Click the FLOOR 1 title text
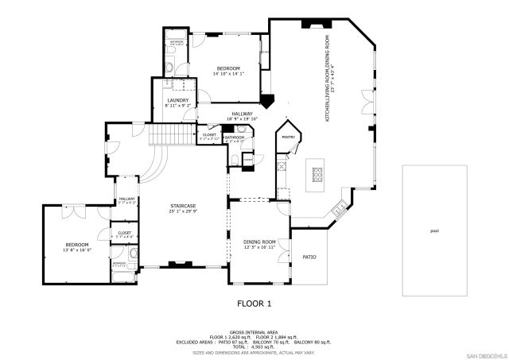tap(254, 304)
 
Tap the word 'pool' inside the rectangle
tap(433, 231)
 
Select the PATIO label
tap(309, 257)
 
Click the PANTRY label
tap(288, 137)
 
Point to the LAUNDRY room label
tap(177, 100)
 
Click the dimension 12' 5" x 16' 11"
tap(259, 247)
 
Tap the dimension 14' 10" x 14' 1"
tap(228, 74)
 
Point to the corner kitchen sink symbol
tap(340, 209)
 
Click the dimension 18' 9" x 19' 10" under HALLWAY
tap(242, 119)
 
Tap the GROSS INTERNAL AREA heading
tap(254, 331)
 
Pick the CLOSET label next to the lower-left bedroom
tap(124, 233)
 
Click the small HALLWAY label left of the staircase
tap(127, 199)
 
